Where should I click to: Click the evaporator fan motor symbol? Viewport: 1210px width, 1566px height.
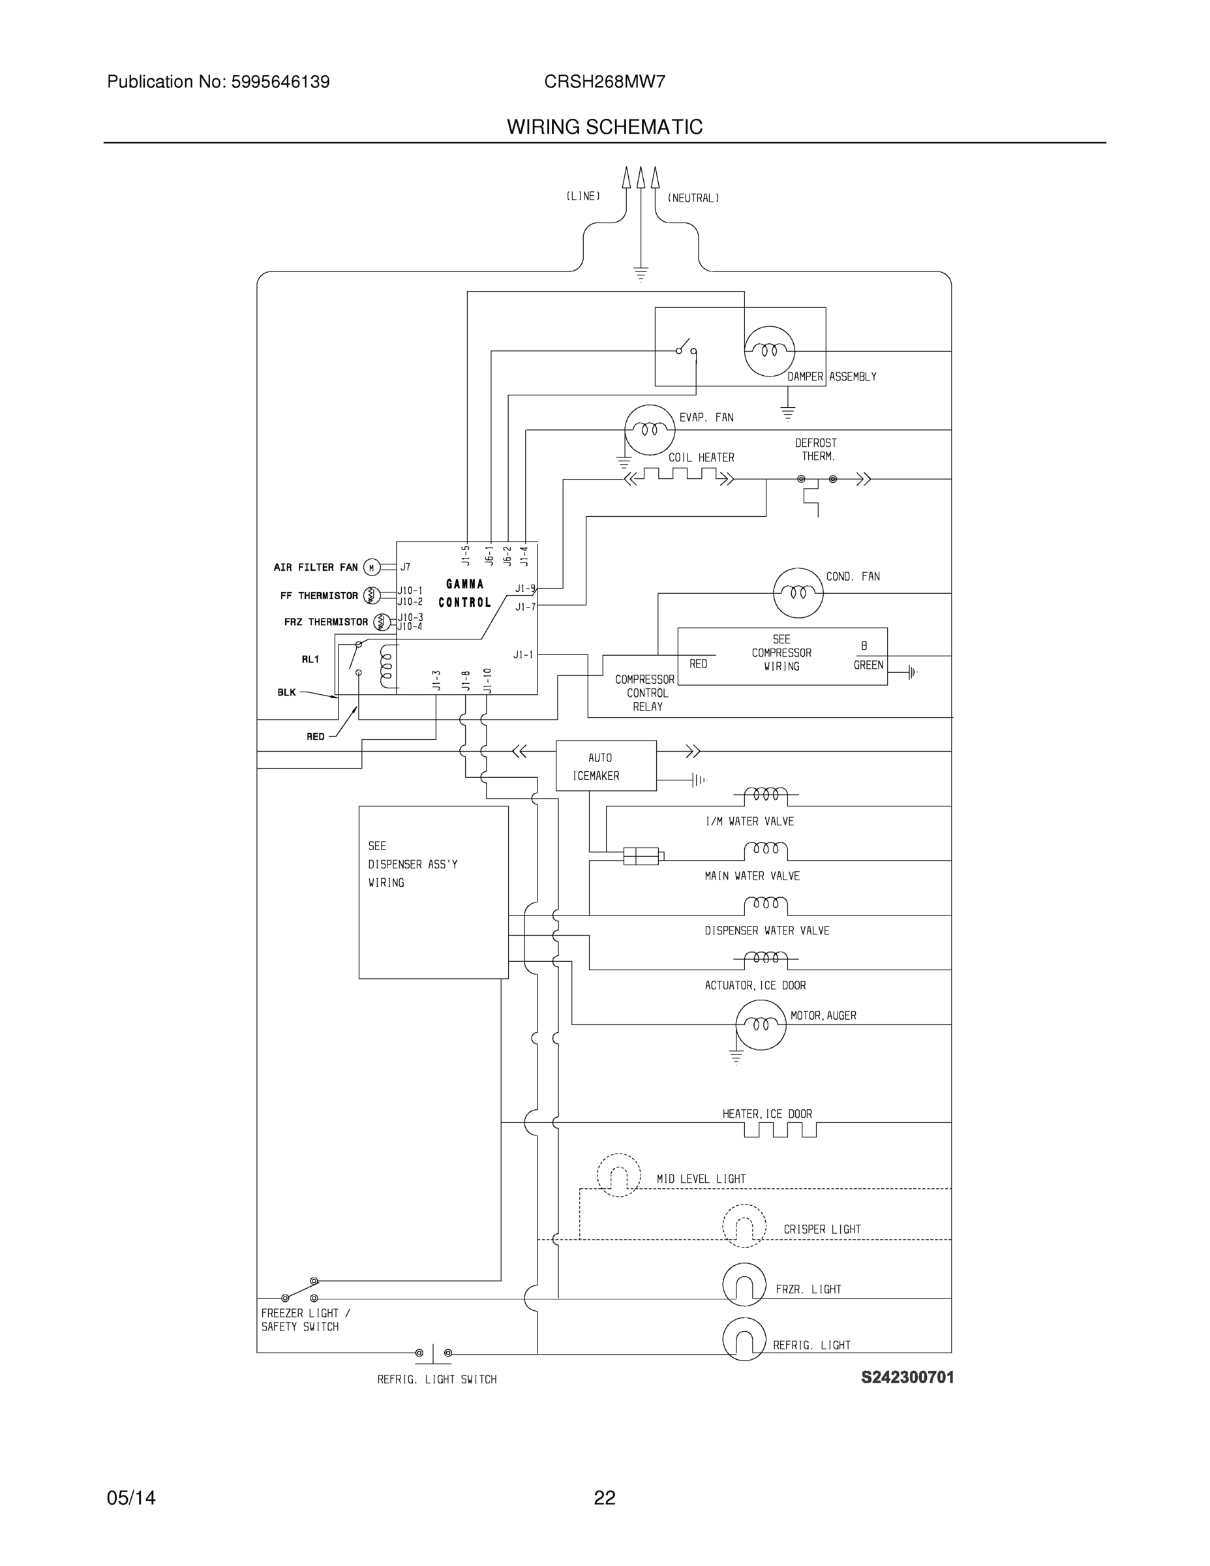point(650,429)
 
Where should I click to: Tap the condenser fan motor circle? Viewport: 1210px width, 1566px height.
point(798,592)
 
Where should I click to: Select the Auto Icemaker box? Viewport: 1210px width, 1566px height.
point(606,766)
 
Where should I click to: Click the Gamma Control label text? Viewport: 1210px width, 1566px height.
point(464,593)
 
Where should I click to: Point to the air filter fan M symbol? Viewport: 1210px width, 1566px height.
point(371,567)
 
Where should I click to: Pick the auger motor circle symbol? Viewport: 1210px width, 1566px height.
point(761,1024)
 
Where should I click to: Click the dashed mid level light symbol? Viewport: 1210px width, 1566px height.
point(618,1175)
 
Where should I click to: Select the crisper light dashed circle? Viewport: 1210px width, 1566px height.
point(744,1225)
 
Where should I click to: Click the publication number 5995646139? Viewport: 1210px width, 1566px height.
point(280,82)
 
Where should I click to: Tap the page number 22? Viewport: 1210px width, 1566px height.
point(604,1497)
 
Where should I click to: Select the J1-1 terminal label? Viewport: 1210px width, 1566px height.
point(523,654)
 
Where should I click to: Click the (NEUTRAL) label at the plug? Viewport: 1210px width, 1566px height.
point(693,198)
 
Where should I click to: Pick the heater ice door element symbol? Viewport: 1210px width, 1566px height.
point(780,1131)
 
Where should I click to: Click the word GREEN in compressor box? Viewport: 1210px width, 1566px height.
point(868,666)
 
